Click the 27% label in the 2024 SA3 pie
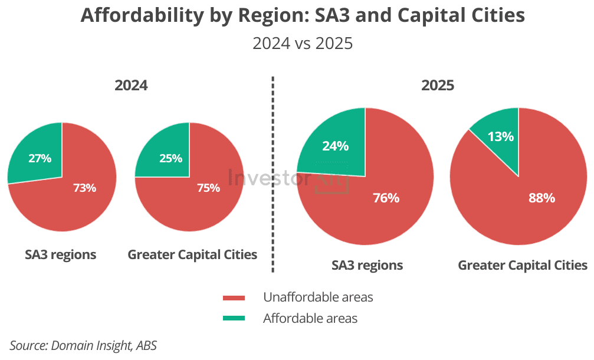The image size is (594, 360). tap(40, 158)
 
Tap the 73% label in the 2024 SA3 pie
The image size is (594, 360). tap(84, 188)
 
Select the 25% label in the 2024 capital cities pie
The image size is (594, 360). tap(170, 158)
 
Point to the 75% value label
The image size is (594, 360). tap(208, 188)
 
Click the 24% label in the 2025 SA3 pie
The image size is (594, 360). tap(335, 146)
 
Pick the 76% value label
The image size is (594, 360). tap(386, 198)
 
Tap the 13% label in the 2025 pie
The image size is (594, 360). tap(500, 136)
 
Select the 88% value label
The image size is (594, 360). tap(542, 198)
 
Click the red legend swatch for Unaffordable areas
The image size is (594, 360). tap(234, 297)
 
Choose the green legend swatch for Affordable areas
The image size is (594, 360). tap(234, 318)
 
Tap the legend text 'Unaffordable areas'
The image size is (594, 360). tap(318, 297)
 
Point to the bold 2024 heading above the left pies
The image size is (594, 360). tap(131, 86)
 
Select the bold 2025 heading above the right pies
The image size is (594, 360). tap(438, 86)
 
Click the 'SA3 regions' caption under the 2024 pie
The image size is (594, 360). tap(61, 254)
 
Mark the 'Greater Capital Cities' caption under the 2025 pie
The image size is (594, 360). tap(523, 265)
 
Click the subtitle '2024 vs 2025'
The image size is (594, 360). tap(303, 43)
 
